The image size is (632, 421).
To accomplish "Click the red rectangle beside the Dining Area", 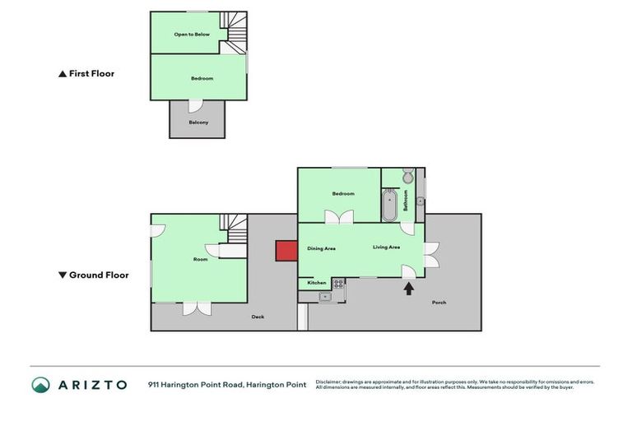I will tap(286, 251).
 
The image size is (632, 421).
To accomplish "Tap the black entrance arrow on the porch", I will tap(407, 288).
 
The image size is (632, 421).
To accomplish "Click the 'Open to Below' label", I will tap(192, 35).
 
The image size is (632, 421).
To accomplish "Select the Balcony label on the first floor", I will tap(198, 123).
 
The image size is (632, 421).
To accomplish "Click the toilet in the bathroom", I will tap(407, 177).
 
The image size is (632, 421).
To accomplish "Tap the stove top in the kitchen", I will tap(337, 283).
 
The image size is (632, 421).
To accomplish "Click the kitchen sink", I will tap(324, 296).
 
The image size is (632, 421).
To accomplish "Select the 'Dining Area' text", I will tap(321, 248).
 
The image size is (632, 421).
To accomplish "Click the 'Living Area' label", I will tap(386, 247).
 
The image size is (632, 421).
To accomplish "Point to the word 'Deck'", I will tap(258, 316).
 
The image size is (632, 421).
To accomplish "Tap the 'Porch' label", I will tap(439, 302).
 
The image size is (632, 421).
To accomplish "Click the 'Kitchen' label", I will tap(317, 283).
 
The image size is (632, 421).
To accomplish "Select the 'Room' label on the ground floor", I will tap(200, 259).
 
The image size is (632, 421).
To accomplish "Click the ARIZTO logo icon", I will tap(40, 384).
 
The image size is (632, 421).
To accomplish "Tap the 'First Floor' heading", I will tap(86, 73).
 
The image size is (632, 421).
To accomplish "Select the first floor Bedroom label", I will tap(202, 78).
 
